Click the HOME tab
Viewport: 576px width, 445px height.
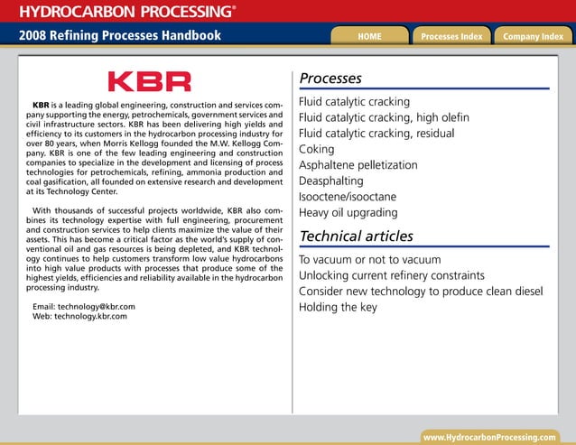[369, 36]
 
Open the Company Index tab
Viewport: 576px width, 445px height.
[533, 36]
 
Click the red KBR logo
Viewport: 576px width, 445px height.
[150, 82]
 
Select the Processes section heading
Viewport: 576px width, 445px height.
[330, 79]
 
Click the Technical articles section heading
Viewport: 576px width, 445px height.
[356, 236]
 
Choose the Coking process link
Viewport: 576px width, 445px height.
[317, 149]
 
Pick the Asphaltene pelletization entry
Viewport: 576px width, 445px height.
[358, 165]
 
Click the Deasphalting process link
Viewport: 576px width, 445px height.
[330, 181]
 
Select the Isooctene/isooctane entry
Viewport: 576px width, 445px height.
[347, 197]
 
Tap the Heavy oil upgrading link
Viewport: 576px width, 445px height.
[348, 213]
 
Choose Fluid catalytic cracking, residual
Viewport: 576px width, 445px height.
[376, 134]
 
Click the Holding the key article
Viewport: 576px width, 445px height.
[338, 307]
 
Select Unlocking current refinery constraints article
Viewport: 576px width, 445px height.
[392, 275]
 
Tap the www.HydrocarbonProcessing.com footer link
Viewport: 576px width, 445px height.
[489, 437]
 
